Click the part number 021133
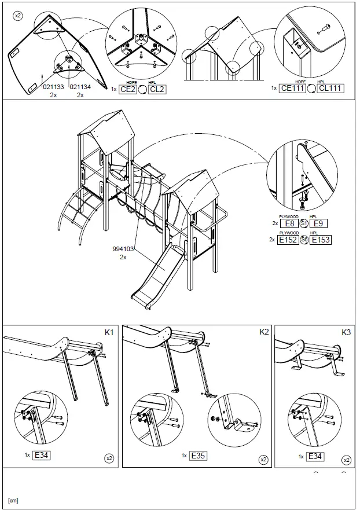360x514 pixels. (54, 87)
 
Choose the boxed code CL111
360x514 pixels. (331, 88)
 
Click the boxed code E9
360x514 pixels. (320, 223)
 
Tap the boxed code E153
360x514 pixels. (320, 239)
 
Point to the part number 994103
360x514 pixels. (123, 249)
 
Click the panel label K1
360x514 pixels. (109, 332)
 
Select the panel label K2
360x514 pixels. (263, 332)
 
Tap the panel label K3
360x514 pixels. (346, 332)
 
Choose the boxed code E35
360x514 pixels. (197, 456)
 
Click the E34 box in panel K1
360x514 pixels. (41, 455)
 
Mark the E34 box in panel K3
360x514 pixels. (314, 457)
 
